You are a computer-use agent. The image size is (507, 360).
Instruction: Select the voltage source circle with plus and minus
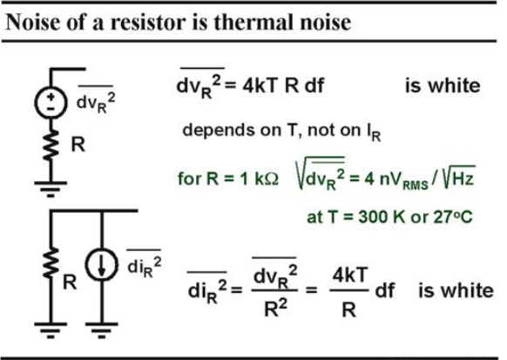point(51,102)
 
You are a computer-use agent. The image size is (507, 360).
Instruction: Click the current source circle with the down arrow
point(102,265)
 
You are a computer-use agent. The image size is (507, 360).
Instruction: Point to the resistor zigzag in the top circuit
point(51,145)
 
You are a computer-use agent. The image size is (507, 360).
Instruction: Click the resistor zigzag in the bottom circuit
point(51,262)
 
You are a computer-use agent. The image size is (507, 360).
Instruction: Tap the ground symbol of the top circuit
point(51,189)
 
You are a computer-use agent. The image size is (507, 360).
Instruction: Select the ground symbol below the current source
point(102,329)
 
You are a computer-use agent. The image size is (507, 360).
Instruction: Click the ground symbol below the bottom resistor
point(51,329)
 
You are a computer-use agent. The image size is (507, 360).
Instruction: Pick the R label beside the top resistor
point(78,144)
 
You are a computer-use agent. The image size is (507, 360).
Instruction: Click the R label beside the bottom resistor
point(70,282)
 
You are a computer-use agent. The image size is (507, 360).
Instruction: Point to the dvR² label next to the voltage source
point(96,100)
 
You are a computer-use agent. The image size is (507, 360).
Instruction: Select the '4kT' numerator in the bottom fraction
point(350,275)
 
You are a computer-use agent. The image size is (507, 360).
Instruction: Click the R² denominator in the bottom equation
point(275,309)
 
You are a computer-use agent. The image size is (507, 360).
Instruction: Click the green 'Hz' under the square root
point(463,178)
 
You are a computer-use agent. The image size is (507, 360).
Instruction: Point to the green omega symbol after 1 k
point(271,179)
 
